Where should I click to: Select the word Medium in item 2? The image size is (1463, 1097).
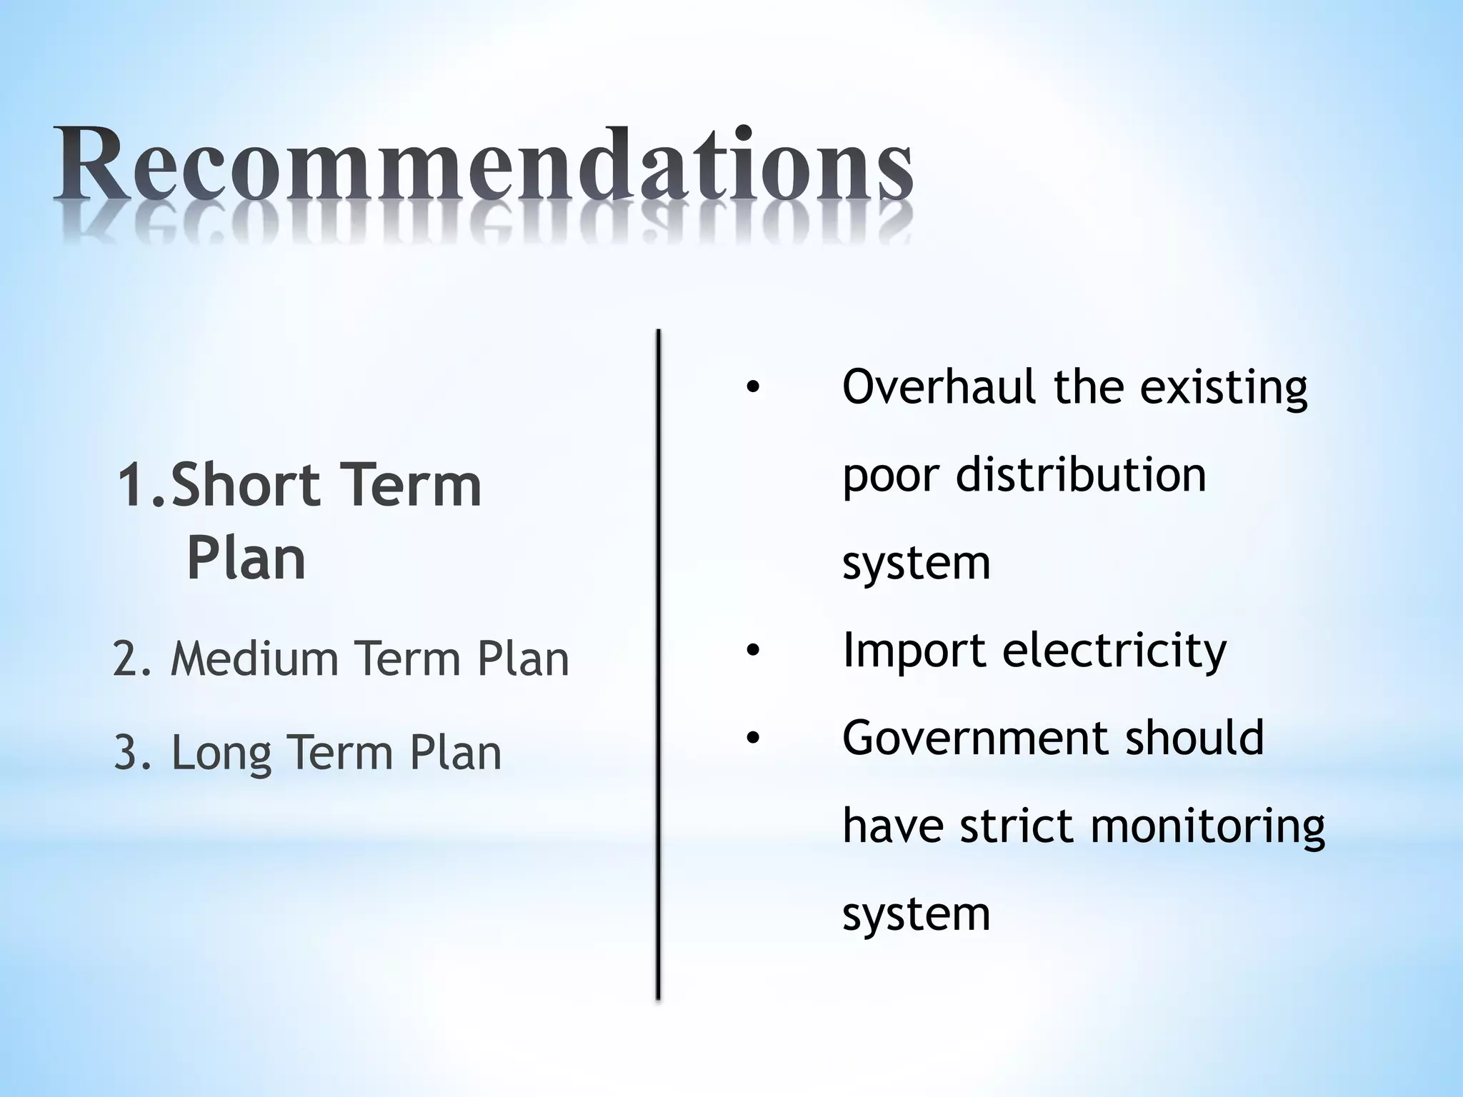(254, 658)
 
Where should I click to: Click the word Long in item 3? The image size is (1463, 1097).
(221, 754)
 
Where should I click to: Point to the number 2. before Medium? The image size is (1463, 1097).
(132, 658)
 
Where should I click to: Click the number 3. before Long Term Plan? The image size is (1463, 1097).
(134, 753)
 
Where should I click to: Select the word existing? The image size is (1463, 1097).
(1223, 389)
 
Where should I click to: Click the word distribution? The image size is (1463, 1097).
(1080, 475)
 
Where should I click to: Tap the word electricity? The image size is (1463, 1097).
(1114, 651)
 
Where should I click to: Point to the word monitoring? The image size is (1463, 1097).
(1207, 827)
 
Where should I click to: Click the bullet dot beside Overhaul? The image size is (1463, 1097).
(752, 389)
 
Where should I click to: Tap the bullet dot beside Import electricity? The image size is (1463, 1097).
(752, 651)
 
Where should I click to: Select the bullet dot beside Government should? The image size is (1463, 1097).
(752, 739)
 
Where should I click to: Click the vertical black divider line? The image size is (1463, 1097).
(658, 664)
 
